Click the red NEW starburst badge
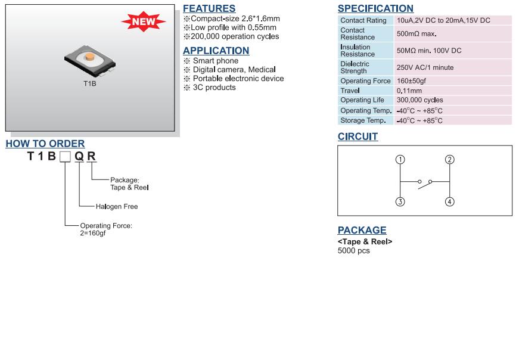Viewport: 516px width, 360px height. point(144,21)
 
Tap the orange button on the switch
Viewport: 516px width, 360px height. point(89,57)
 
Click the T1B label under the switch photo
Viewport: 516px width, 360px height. point(90,83)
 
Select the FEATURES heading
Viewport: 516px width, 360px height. point(209,8)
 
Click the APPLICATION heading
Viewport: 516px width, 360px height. point(216,51)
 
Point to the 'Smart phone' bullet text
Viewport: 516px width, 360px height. point(216,61)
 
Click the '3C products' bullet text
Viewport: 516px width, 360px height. point(215,88)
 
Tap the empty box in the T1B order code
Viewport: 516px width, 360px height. point(65,157)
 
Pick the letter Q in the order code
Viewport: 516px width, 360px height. point(79,156)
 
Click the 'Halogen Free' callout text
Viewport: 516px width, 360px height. point(117,207)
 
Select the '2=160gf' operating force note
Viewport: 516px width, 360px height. point(93,233)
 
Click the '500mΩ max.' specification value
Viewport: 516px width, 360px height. point(416,34)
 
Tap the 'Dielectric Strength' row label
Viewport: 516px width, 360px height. point(355,67)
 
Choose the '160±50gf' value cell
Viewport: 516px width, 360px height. point(411,81)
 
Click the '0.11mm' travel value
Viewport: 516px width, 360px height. point(409,91)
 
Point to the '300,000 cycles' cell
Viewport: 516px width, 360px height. point(420,100)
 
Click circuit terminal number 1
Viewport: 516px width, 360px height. point(400,160)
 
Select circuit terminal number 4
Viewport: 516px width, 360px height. point(449,201)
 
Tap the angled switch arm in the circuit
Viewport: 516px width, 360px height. point(424,185)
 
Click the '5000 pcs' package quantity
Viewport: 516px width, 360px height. point(353,251)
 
